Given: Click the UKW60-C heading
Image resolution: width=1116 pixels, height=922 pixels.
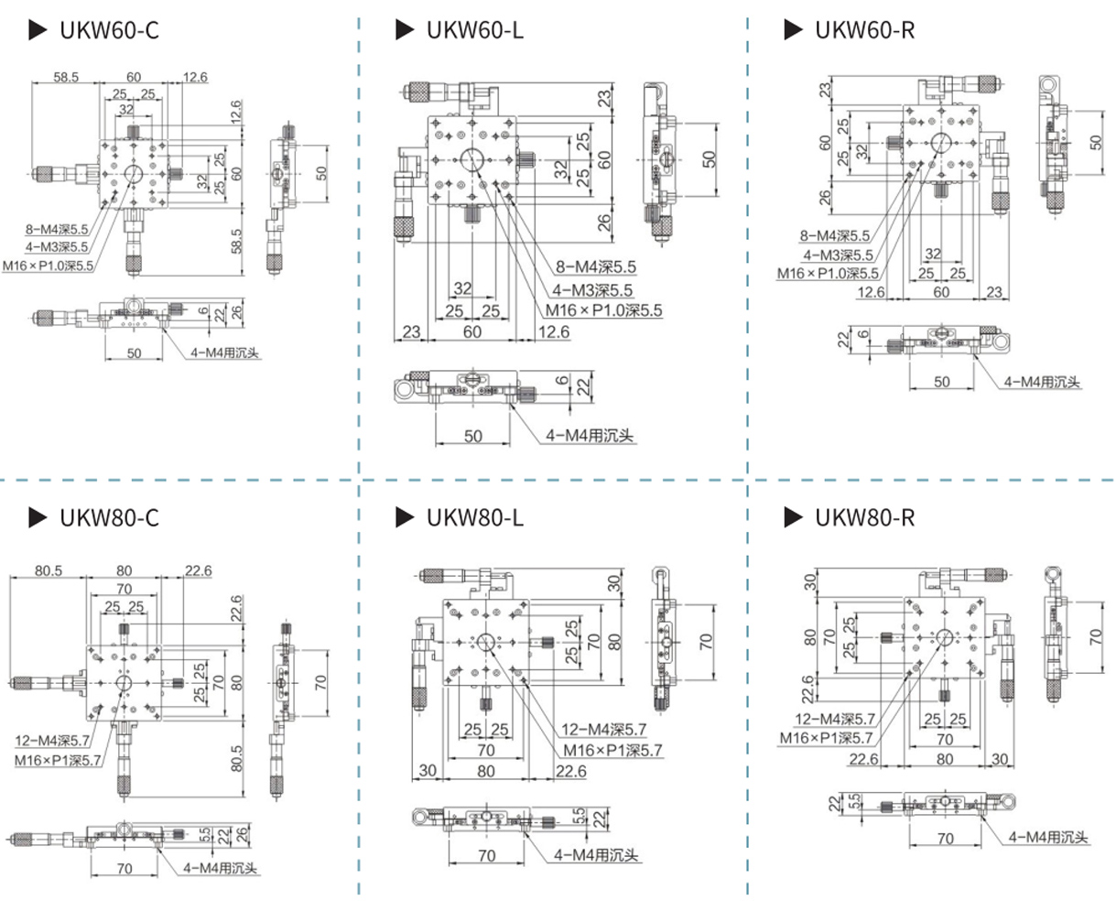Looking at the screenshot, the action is point(109,30).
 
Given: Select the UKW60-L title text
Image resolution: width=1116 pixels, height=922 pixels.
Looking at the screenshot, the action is point(474,30).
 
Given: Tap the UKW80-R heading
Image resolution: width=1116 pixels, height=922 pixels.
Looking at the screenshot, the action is point(864,517).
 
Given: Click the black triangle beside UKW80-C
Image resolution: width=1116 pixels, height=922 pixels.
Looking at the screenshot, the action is point(38,517).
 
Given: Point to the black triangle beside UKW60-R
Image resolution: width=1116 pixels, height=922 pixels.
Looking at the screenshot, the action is point(793,30).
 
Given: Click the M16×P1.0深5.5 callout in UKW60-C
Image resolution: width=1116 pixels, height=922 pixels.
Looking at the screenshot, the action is point(49,266).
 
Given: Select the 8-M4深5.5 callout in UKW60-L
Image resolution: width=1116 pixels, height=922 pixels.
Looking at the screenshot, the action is point(596,266).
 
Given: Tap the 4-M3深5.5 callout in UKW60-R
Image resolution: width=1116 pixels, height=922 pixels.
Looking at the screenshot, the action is point(838,255).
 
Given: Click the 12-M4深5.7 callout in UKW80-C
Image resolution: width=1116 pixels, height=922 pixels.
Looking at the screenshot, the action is point(52,741).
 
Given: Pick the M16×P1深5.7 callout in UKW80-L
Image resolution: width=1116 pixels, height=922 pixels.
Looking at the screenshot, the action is point(612,751).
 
